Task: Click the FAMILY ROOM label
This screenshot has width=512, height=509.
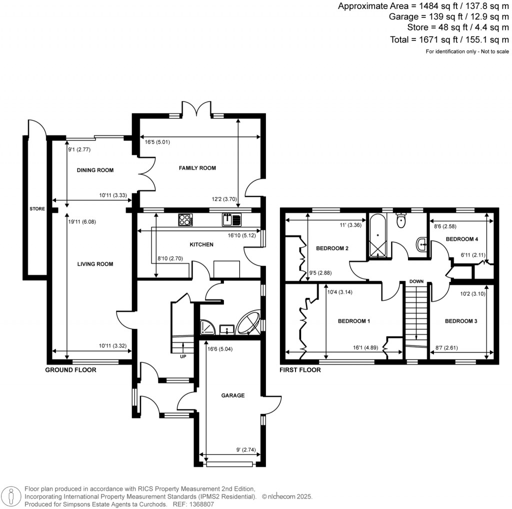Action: tap(197, 168)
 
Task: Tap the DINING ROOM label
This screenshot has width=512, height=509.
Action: tap(95, 170)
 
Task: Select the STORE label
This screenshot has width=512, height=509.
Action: tap(36, 209)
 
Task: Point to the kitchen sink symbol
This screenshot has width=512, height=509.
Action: tap(232, 219)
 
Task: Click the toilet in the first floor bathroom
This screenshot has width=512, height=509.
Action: tap(400, 220)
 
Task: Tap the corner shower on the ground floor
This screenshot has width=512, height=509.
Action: tap(206, 326)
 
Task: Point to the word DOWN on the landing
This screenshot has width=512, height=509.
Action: tap(416, 281)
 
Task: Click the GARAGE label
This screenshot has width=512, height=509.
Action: tap(233, 395)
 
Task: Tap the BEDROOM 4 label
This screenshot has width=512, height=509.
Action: tap(462, 239)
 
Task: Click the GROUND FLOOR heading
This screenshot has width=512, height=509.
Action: tap(70, 370)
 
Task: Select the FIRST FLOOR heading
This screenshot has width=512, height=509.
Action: tap(300, 370)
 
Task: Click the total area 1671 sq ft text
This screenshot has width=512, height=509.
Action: tap(448, 39)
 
